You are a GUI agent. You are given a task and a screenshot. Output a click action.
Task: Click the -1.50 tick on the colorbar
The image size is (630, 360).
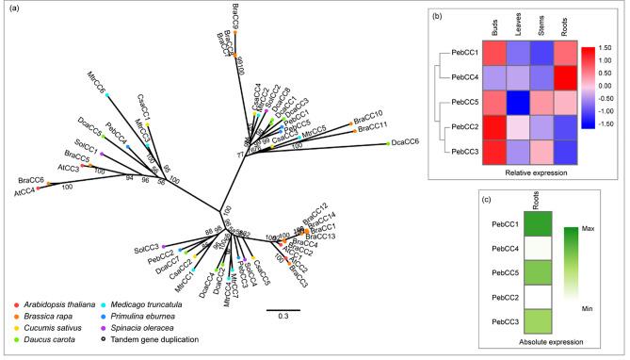(x=610, y=123)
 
